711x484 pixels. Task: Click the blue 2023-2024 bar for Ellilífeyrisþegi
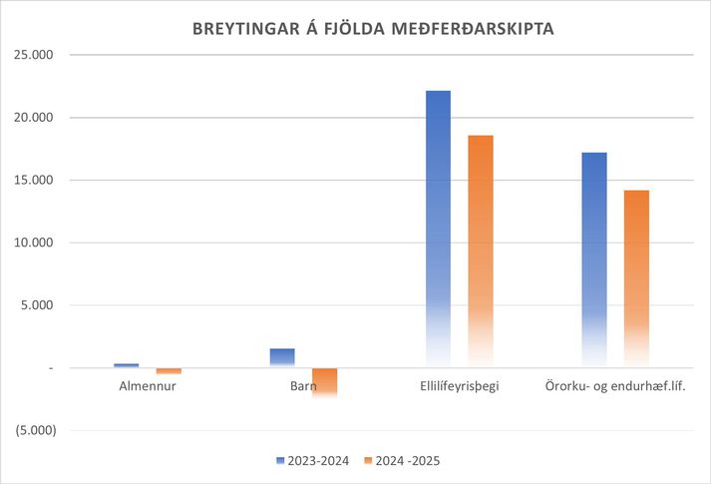click(439, 229)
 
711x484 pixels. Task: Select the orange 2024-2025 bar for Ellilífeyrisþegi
click(480, 250)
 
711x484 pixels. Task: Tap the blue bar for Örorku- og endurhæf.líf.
click(594, 259)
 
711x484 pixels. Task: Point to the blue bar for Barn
click(282, 357)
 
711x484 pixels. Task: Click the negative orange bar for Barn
click(324, 382)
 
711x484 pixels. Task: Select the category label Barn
click(303, 385)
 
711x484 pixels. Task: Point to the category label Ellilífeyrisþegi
click(460, 385)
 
